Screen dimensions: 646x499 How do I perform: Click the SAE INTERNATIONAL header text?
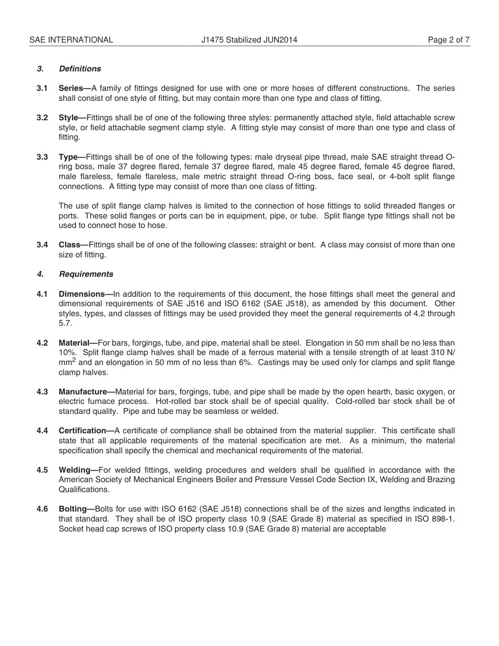point(71,40)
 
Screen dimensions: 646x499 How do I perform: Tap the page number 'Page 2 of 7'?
point(449,40)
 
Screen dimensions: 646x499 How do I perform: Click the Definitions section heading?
point(80,69)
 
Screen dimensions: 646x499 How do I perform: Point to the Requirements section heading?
point(86,274)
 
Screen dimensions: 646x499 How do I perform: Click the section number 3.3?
point(43,157)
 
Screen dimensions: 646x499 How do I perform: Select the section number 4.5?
point(43,470)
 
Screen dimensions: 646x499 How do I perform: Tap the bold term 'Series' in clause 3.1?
point(71,88)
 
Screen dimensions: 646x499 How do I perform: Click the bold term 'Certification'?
point(82,431)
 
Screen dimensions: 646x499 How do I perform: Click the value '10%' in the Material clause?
point(66,353)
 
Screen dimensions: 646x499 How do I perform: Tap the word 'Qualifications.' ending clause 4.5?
point(84,489)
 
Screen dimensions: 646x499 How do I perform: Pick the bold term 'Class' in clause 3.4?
point(70,245)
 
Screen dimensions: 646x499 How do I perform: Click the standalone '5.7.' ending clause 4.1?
point(65,324)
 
